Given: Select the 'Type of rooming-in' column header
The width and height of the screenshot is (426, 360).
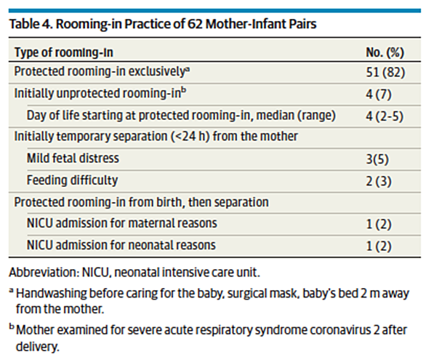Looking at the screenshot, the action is pos(63,52).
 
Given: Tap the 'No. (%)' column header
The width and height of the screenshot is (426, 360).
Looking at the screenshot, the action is pos(385,52).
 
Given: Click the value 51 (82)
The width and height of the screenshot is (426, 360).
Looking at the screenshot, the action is pos(385,72).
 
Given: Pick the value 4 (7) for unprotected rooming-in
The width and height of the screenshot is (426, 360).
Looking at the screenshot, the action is pos(379,95).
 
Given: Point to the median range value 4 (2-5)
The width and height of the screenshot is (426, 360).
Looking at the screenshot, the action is pos(385,116).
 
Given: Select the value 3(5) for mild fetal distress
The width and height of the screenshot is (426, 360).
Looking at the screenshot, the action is pos(377,159).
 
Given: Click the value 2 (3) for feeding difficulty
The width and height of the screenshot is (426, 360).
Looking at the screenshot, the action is pos(379,181).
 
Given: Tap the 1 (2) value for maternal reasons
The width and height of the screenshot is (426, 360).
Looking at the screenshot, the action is pos(379,225).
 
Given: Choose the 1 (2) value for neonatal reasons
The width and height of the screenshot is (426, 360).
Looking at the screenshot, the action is pos(379,246).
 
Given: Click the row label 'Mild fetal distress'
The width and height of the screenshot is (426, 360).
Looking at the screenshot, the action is pos(73,158).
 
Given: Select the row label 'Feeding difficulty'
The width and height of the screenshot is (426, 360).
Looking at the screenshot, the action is pos(72,180).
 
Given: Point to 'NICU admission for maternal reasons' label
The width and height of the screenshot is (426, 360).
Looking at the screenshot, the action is pos(121,223).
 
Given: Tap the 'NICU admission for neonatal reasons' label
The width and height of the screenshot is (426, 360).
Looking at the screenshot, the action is pos(121,245).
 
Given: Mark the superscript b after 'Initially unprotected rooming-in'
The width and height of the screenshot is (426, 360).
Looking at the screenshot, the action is pos(184,91).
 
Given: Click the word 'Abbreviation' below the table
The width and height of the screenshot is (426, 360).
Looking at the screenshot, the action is pos(44,272).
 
